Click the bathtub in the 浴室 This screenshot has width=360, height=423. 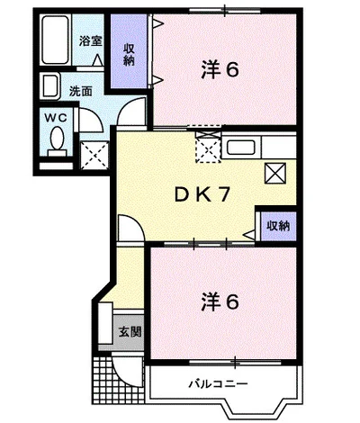(x=56, y=40)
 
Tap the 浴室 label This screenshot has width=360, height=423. (x=91, y=41)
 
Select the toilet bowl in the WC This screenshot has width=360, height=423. (x=57, y=139)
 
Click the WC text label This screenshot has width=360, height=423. (x=56, y=118)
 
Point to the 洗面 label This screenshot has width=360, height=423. (x=81, y=92)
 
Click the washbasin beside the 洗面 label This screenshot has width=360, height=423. (x=50, y=86)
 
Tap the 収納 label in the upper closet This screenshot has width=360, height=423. (x=129, y=55)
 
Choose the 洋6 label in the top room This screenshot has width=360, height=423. (x=220, y=70)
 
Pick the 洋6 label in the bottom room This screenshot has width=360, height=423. (x=220, y=302)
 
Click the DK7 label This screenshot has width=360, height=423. (x=202, y=195)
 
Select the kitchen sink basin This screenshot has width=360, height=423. (x=241, y=148)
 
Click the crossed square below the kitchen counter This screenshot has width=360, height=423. (x=275, y=173)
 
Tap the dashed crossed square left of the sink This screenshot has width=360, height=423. (x=208, y=148)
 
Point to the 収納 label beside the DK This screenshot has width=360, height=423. (x=279, y=226)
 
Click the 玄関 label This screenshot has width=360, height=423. (x=130, y=332)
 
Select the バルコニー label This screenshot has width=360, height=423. (x=219, y=383)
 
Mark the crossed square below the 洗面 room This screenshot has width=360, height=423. (x=94, y=156)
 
